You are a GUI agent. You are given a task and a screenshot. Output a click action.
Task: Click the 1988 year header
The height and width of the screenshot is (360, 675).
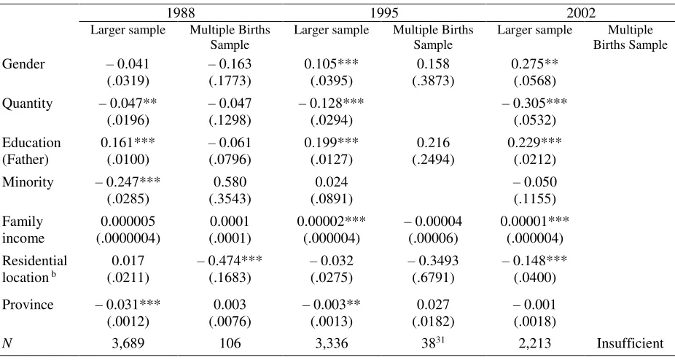(x=181, y=12)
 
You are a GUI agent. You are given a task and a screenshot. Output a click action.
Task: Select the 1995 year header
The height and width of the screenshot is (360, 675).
(x=384, y=12)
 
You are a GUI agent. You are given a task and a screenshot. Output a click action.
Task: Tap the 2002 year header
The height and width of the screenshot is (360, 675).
(x=581, y=12)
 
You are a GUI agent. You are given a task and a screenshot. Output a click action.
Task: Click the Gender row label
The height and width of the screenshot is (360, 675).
(x=23, y=63)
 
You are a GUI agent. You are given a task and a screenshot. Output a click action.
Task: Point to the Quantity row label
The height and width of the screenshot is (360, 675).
(x=27, y=103)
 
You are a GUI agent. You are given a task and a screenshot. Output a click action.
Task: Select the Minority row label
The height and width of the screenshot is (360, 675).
(x=28, y=182)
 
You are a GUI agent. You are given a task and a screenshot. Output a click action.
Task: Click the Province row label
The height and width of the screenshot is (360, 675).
(x=28, y=305)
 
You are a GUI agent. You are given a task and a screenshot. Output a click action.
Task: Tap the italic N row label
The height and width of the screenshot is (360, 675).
(x=7, y=343)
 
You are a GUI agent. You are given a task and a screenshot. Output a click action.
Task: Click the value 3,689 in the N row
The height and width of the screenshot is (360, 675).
(x=128, y=343)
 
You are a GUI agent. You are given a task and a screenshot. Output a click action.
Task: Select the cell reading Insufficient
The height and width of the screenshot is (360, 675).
(x=631, y=343)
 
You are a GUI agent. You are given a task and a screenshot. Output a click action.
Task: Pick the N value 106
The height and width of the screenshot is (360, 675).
(x=230, y=343)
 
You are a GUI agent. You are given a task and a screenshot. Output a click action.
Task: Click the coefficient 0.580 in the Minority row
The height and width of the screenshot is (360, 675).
(x=230, y=181)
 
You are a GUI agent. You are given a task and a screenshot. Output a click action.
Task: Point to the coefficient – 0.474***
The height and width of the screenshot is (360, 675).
(x=230, y=261)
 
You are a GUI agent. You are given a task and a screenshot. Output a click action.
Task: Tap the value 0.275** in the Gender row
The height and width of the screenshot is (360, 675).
(x=534, y=63)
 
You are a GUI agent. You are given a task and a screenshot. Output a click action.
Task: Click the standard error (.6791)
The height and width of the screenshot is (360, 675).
(x=433, y=278)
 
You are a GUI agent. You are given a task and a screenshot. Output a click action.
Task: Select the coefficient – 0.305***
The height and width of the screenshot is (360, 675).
(x=534, y=103)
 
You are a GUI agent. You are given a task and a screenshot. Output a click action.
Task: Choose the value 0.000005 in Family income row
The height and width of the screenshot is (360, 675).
(x=128, y=222)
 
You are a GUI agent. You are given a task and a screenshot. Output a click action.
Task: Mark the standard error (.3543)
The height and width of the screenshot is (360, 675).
(x=230, y=199)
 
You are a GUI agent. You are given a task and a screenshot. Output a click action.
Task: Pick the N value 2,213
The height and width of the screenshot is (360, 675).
(x=534, y=343)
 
